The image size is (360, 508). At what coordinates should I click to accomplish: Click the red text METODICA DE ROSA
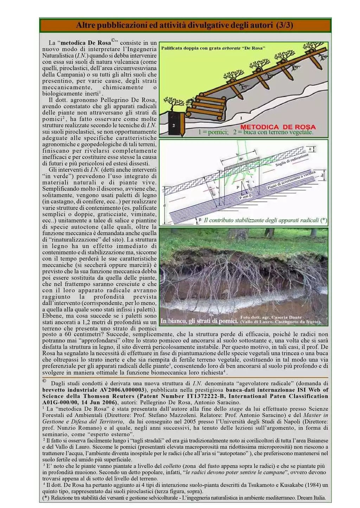(x=278, y=126)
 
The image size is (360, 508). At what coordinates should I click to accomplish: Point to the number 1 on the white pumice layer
(x=241, y=118)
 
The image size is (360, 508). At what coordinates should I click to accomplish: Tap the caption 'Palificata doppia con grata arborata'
(x=213, y=48)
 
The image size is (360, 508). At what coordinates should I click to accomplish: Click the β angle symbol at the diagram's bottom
(x=200, y=220)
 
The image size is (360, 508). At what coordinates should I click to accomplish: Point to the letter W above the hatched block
(x=241, y=159)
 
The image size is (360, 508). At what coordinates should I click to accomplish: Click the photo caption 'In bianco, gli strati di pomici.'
(x=199, y=321)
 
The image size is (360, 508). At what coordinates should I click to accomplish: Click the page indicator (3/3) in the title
(x=284, y=25)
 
